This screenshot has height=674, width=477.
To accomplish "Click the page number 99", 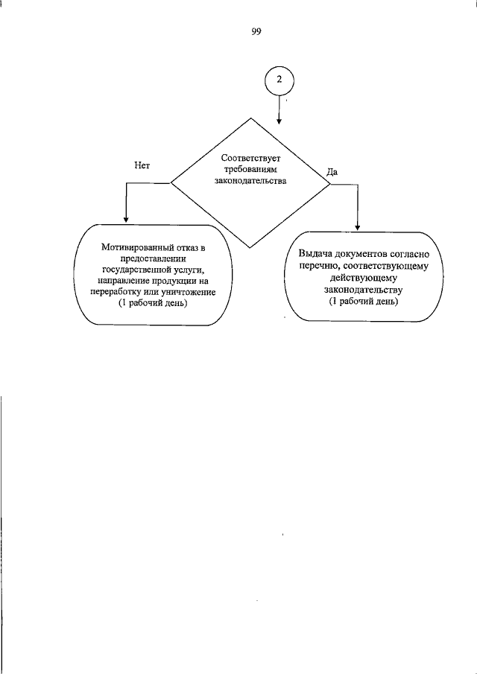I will click(x=256, y=31).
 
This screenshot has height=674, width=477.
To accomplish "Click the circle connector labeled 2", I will click(x=279, y=80).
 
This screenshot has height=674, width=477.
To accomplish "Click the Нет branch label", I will click(x=143, y=165).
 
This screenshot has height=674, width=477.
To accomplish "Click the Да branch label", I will click(x=333, y=171).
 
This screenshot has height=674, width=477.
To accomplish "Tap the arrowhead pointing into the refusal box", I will click(x=125, y=220).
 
